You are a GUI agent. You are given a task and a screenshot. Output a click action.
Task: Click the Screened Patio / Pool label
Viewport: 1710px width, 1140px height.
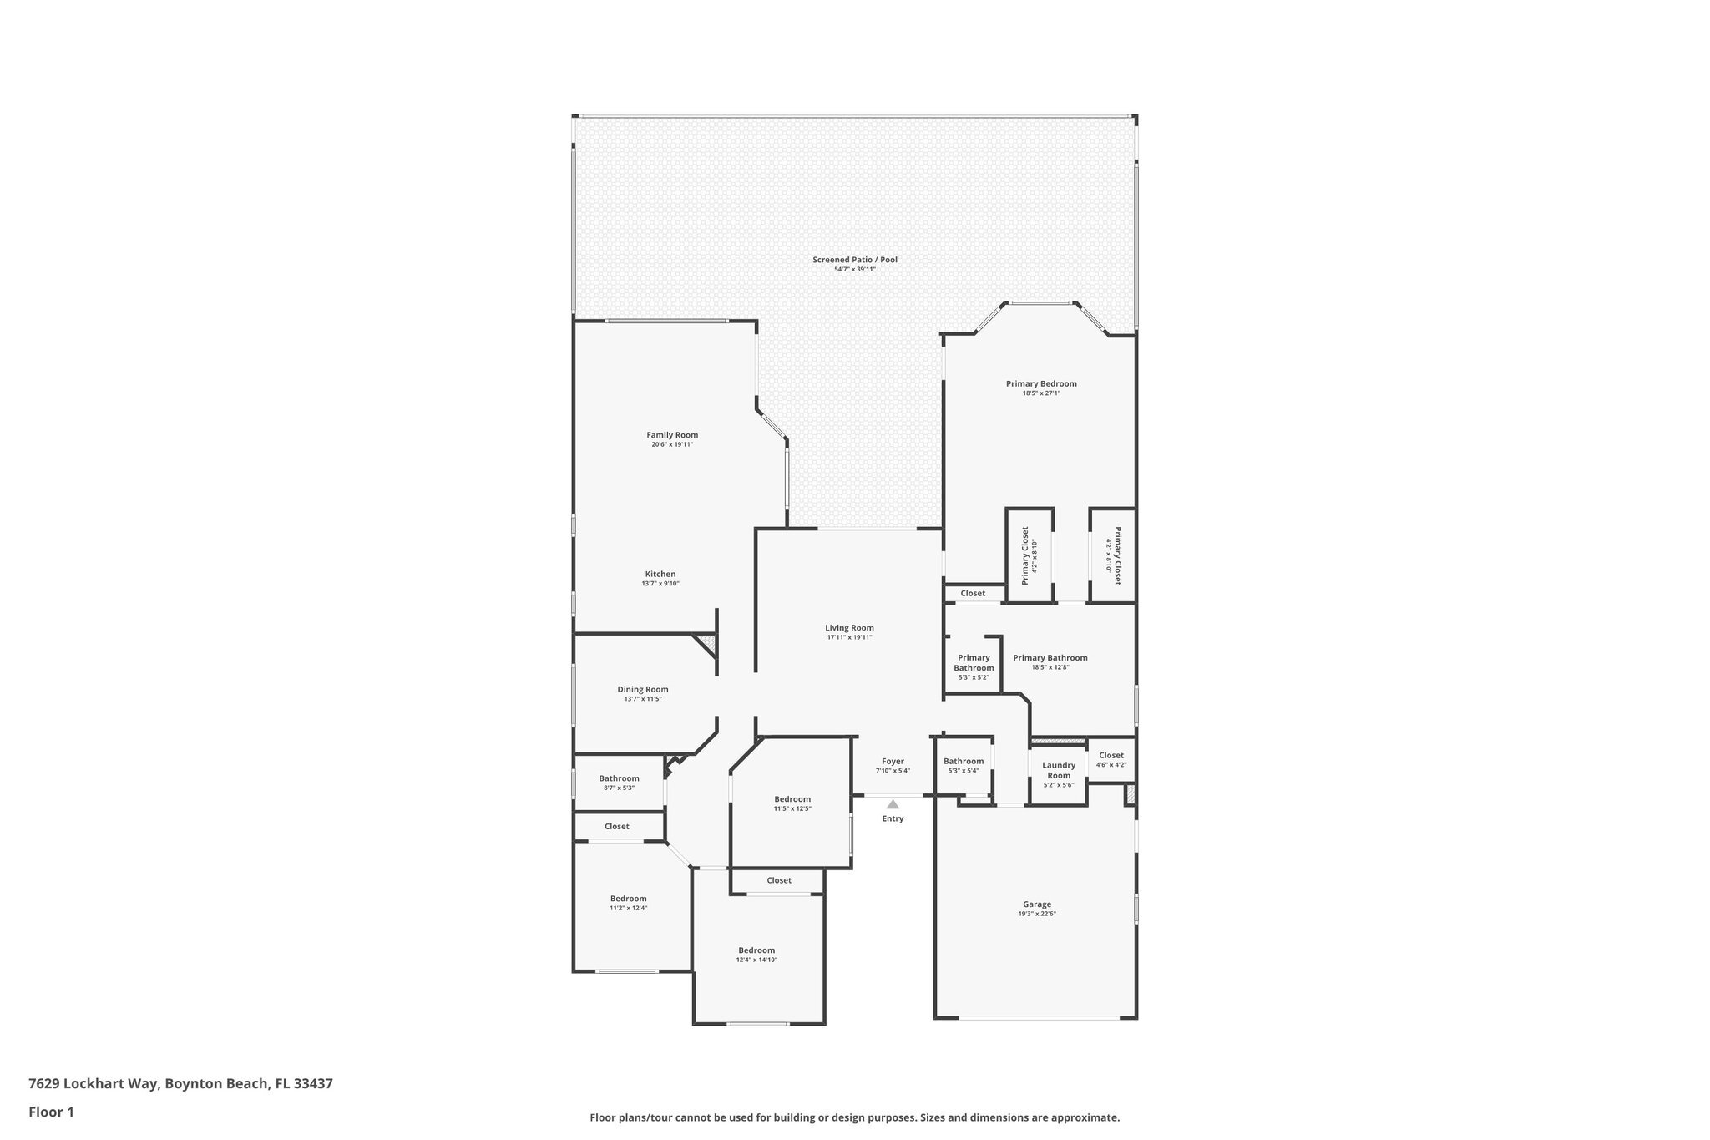tap(854, 260)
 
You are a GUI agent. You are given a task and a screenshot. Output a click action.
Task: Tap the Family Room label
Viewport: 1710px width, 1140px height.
tap(672, 435)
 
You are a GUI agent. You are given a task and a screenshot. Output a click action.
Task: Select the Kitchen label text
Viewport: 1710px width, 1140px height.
tap(660, 574)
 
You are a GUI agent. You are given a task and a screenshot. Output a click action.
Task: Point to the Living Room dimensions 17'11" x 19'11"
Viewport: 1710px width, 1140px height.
tap(849, 637)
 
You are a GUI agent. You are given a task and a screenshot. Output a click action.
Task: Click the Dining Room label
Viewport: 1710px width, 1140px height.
tap(643, 690)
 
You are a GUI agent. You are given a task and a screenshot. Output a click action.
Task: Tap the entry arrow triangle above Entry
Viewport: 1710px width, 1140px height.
tap(893, 804)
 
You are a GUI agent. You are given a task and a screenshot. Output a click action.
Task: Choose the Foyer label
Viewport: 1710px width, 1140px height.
tap(893, 762)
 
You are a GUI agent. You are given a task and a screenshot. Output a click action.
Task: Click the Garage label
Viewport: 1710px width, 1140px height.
tap(1037, 904)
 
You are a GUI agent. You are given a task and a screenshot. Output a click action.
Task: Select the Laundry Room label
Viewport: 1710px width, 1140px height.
tap(1059, 770)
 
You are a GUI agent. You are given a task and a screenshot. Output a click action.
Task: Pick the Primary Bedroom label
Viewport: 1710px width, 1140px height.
tap(1041, 384)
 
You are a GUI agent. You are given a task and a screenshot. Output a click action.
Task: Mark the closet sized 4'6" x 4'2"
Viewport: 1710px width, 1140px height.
tap(1111, 759)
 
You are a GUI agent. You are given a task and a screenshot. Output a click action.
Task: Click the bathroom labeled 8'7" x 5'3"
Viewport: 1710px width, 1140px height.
tap(619, 783)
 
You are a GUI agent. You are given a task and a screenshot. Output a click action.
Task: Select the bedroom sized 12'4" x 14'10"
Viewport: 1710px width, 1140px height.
tap(756, 955)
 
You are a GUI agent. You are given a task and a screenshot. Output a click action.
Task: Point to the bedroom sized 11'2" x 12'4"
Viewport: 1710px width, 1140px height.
tap(628, 903)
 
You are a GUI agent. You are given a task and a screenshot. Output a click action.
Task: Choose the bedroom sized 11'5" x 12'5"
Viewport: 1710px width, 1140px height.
tap(792, 803)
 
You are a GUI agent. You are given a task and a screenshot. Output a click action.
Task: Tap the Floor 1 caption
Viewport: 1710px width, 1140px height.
tap(51, 1112)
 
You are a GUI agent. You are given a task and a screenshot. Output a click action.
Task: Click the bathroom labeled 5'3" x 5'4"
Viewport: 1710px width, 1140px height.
tap(964, 765)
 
